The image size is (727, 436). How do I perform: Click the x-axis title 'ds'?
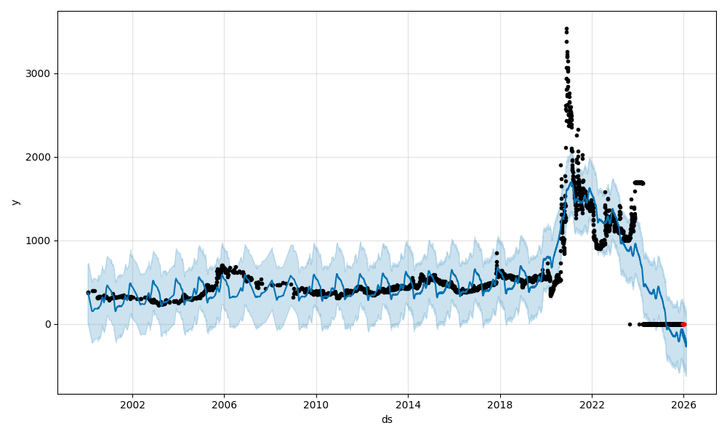click(387, 419)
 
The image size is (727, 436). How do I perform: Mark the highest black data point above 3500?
click(566, 29)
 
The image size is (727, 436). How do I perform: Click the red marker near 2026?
click(683, 324)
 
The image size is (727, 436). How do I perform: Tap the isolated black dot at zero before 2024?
click(630, 324)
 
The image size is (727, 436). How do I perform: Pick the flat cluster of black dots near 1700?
click(638, 182)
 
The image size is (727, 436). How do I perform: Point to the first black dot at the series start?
click(88, 293)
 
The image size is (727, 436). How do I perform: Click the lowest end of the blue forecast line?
click(686, 346)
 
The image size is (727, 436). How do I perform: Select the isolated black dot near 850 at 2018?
click(497, 254)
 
